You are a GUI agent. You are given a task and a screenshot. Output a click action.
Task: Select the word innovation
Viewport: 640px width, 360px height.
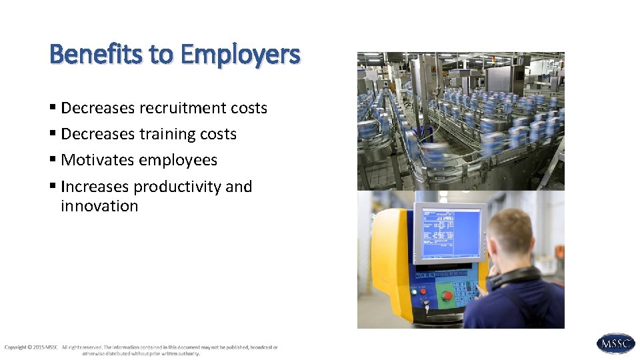point(99,206)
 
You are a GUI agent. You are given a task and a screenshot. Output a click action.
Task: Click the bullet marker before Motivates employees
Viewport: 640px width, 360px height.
point(53,161)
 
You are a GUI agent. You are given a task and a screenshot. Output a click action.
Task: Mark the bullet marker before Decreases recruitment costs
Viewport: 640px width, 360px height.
point(53,109)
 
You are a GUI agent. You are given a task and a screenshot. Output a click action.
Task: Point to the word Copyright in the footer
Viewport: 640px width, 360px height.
point(15,347)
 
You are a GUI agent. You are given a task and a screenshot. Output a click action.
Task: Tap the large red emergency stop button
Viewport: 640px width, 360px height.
point(447,295)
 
